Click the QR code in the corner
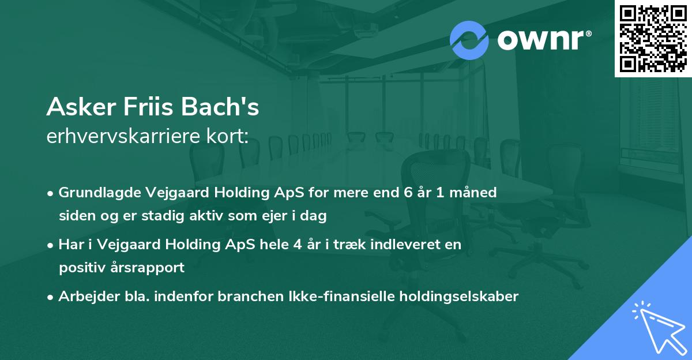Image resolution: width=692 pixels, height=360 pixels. coord(653,38)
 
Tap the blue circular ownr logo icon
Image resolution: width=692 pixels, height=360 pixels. coord(469,40)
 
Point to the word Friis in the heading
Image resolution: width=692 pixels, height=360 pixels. coord(142,107)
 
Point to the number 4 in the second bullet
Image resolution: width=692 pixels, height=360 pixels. coord(297,245)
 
